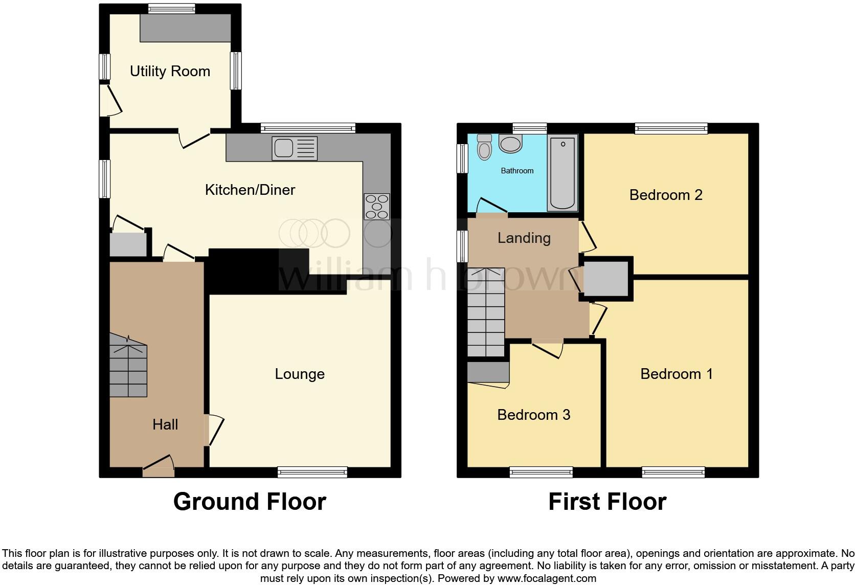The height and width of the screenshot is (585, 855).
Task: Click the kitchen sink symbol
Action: coord(295,148)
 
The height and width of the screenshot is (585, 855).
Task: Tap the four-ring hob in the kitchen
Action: coord(377,206)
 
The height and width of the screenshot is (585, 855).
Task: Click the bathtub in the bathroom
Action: coord(562,173)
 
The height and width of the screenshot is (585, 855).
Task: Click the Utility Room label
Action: coord(170,71)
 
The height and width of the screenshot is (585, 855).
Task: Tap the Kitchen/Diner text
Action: coord(250,190)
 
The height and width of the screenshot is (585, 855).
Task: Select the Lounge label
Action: coord(300,374)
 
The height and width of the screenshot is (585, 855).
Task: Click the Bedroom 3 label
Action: coord(533,414)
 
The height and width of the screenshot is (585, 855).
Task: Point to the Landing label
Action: coord(524,238)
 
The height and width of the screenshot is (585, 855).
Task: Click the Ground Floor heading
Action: coord(250,502)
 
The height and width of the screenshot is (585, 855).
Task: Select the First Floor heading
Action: coord(607,502)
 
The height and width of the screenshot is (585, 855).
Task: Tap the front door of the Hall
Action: coord(159,466)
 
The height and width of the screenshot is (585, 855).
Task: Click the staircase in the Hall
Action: coord(128,366)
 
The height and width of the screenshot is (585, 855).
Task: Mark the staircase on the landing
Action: coord(486,312)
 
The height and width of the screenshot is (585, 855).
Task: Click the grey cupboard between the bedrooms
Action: coord(606,278)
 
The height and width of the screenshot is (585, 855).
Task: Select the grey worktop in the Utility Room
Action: coord(186,28)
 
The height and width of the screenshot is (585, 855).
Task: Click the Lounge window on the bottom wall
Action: coord(312,472)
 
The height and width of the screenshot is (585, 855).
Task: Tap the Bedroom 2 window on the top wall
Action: coord(671,128)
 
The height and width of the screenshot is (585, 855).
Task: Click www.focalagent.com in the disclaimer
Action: coord(547,579)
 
